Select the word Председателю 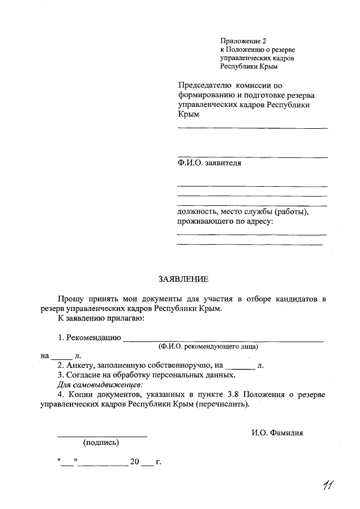point(204,85)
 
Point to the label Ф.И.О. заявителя point(209,163)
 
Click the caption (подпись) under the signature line point(101,443)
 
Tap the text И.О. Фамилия point(277,433)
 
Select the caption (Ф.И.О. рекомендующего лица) point(208,347)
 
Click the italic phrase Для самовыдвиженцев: point(101,385)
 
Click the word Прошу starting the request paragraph point(69,298)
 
